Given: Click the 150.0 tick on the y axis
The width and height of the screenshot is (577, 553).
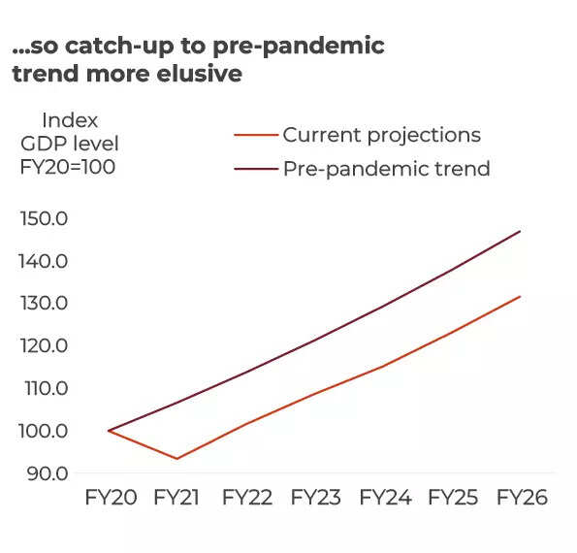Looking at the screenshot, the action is [44, 218].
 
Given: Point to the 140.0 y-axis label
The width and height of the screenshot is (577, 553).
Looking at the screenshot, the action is [44, 261].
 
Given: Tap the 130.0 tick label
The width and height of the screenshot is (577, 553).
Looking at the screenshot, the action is [44, 304].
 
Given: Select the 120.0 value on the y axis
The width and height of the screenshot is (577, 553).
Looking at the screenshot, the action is [44, 345].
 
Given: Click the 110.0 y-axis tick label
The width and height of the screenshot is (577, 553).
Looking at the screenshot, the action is [47, 388].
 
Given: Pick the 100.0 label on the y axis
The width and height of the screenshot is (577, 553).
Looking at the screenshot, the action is [44, 431].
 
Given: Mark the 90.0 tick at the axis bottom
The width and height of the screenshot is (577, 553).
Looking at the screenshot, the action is [48, 473].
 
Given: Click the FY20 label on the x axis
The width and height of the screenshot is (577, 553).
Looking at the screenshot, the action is [111, 498].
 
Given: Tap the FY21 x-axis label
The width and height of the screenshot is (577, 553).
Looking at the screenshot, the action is [176, 498].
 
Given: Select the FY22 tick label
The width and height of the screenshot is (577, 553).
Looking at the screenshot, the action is [247, 498].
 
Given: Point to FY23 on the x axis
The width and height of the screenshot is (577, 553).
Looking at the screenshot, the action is [316, 498].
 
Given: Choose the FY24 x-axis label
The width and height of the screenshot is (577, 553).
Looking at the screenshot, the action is [385, 498].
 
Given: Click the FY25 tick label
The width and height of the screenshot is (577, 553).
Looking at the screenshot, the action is [453, 498].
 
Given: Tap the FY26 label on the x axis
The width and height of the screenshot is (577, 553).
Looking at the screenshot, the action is [522, 498].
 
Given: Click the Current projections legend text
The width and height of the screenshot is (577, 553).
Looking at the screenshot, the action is [382, 136].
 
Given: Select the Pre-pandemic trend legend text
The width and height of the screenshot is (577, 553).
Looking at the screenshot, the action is [386, 170].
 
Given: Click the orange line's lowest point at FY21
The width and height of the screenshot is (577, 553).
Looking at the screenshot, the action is [177, 459].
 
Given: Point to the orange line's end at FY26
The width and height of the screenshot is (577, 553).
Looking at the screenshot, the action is [521, 296].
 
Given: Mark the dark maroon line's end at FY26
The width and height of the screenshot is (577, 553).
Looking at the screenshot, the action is [521, 231].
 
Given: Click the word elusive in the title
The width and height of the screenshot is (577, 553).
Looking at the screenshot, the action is [199, 74].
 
